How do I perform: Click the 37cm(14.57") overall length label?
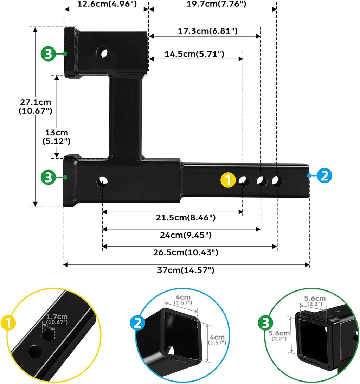tap(186, 270)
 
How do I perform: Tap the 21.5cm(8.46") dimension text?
tap(186, 217)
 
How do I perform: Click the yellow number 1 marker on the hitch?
tap(228, 180)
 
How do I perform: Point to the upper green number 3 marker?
tap(48, 54)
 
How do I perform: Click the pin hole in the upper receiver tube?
tap(103, 53)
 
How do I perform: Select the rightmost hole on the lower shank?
tap(277, 181)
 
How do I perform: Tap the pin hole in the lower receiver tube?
tap(103, 181)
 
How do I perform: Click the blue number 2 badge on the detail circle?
tap(137, 323)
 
